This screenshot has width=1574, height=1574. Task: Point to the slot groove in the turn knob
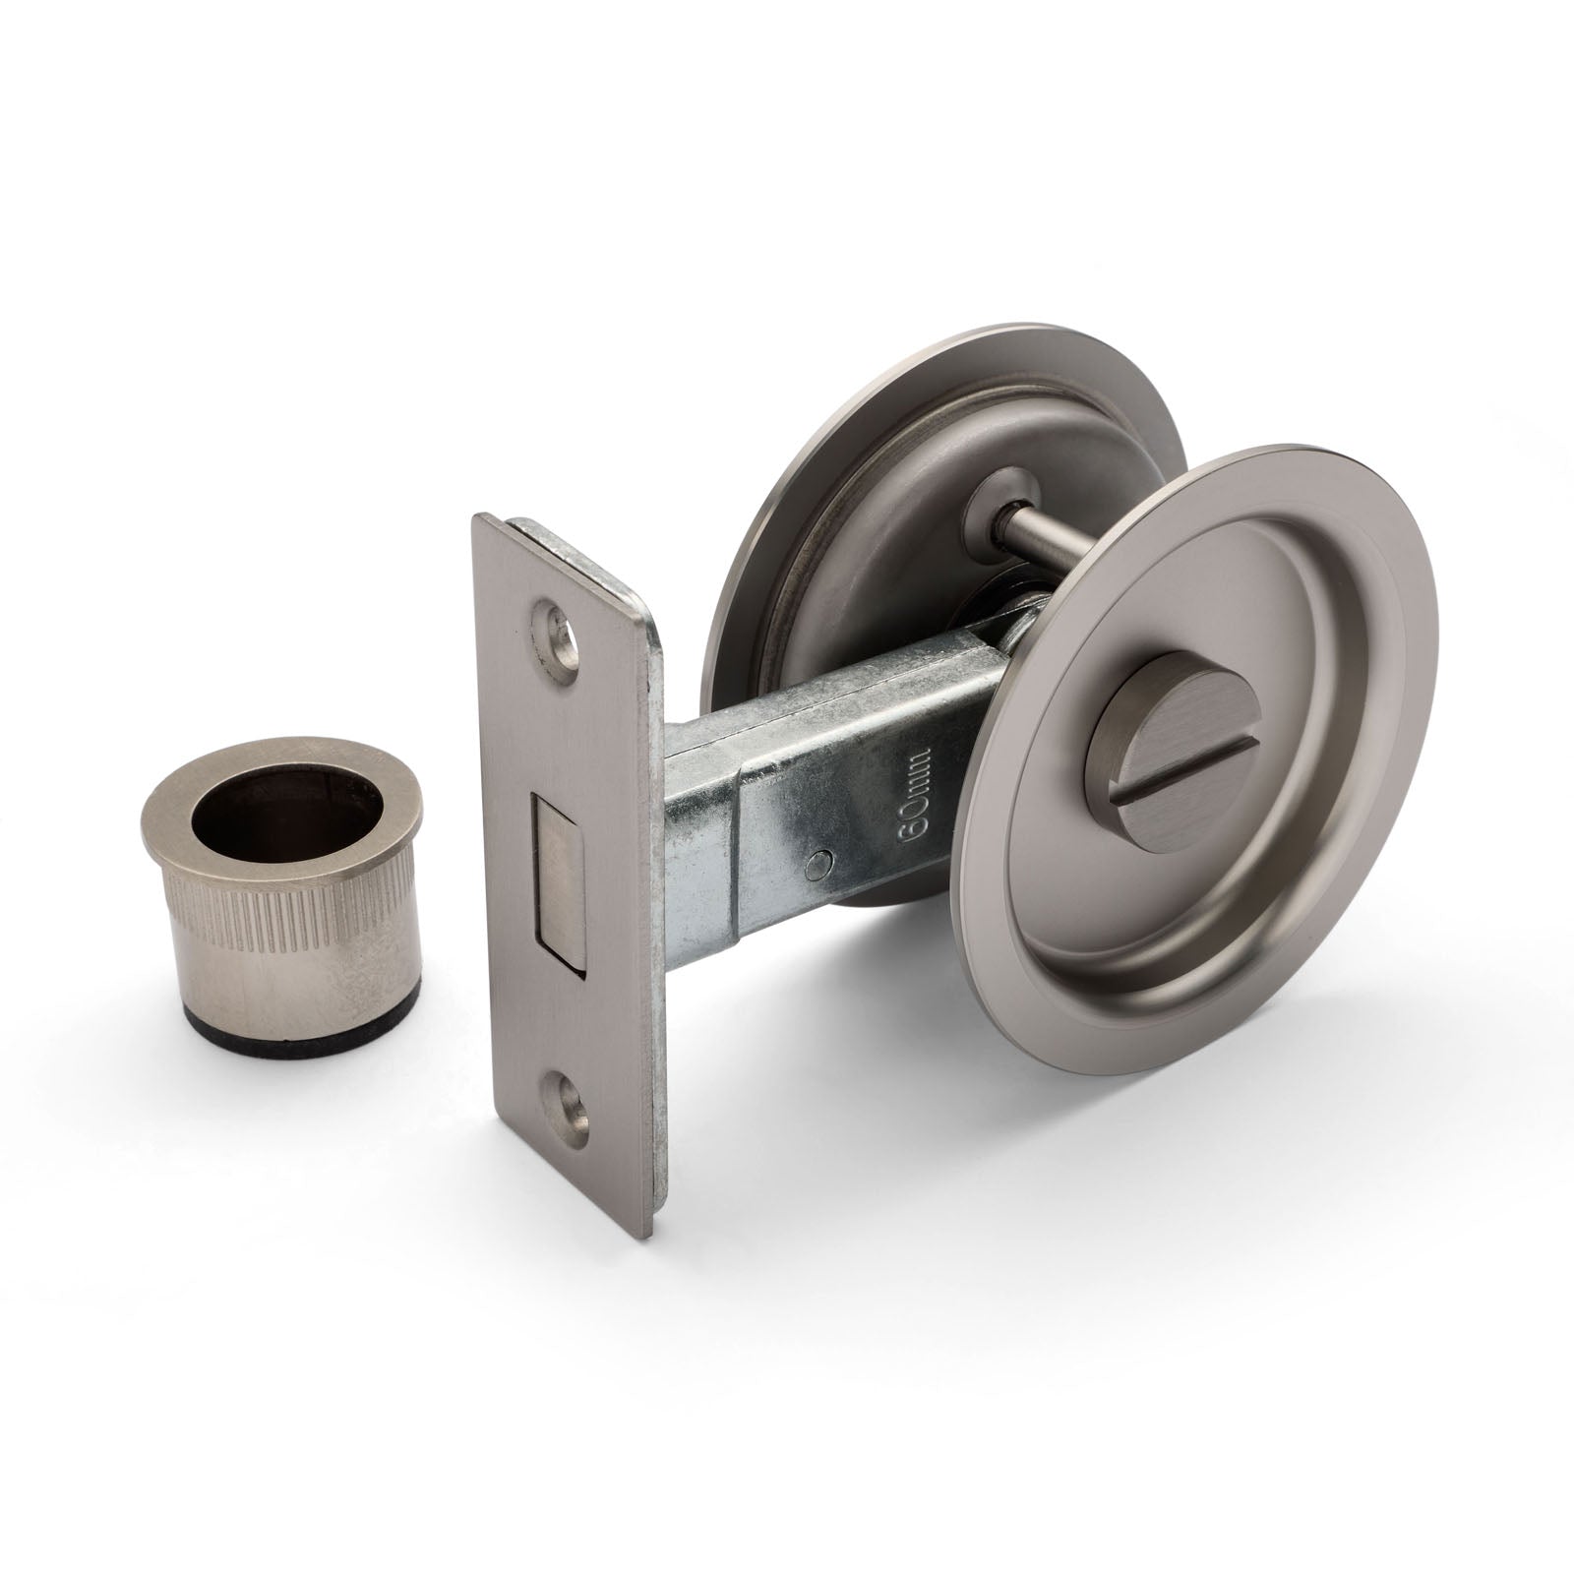coord(1180,759)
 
